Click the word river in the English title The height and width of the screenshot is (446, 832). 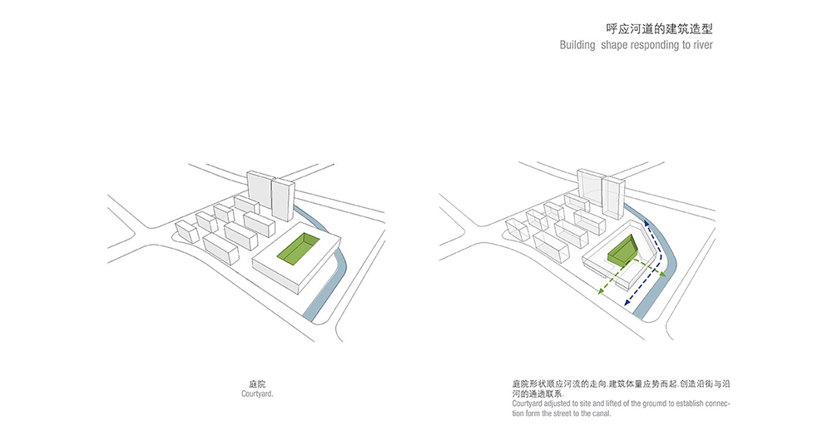tap(702, 45)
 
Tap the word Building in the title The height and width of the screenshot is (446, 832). tap(577, 45)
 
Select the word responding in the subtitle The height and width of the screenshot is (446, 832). tap(655, 46)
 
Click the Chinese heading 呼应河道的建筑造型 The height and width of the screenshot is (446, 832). tap(659, 28)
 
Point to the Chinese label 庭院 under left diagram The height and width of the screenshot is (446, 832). tap(257, 384)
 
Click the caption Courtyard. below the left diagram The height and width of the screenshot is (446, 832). tap(257, 394)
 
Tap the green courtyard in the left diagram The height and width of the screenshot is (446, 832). tap(299, 248)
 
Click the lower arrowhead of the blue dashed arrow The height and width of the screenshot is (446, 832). tap(627, 301)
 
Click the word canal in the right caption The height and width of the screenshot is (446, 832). tap(602, 413)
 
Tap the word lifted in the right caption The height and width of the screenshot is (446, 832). tap(609, 404)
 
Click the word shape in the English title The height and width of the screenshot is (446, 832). tap(614, 46)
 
